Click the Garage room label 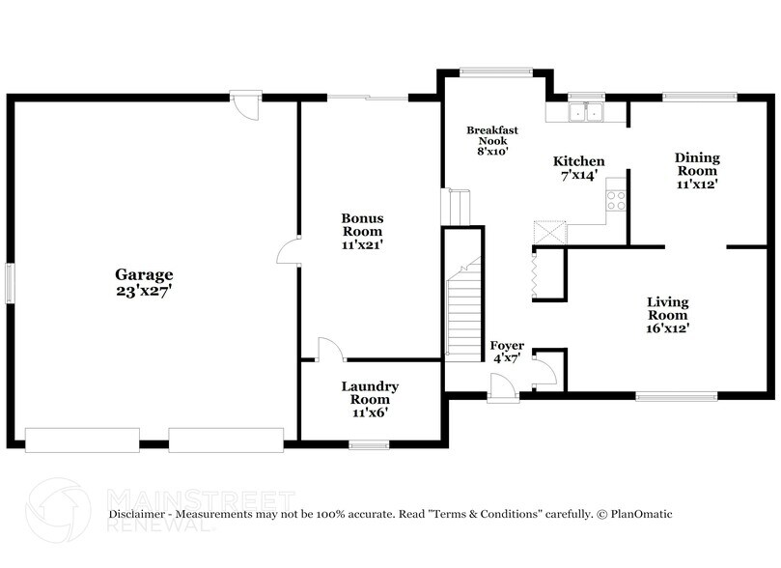(145, 274)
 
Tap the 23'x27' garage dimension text (145, 289)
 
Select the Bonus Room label (362, 225)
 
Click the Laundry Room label (370, 393)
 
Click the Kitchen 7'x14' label (578, 167)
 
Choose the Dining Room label (697, 164)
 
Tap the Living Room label (667, 309)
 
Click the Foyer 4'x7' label (506, 352)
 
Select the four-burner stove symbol (615, 201)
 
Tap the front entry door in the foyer (502, 387)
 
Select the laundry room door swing (327, 349)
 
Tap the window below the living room (676, 394)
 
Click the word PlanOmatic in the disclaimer (639, 515)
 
